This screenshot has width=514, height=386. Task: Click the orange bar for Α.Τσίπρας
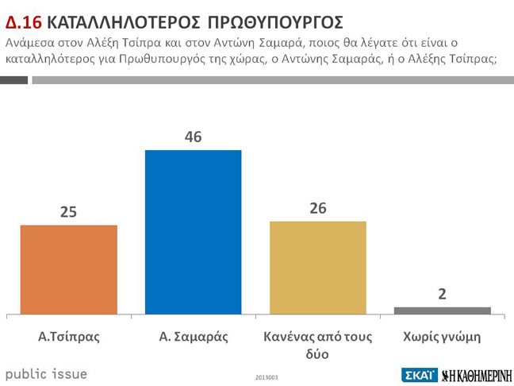[68, 268]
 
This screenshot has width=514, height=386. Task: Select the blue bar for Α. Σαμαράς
[193, 231]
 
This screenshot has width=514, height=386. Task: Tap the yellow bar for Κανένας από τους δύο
[318, 267]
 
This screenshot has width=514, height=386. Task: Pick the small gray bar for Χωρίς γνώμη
[442, 310]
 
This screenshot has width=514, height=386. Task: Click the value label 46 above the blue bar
[193, 137]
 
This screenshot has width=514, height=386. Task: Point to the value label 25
[68, 212]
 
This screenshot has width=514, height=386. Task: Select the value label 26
[318, 208]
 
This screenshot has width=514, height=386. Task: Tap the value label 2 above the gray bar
[442, 293]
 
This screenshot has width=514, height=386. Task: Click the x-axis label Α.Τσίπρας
[68, 336]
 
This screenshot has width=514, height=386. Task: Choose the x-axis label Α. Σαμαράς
[193, 336]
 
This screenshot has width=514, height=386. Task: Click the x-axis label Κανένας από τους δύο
[318, 344]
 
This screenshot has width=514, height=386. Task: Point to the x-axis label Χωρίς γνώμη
[442, 336]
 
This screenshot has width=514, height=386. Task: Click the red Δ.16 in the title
[23, 21]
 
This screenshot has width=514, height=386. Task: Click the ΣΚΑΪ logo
[418, 374]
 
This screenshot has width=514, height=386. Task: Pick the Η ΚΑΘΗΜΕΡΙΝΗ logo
[476, 374]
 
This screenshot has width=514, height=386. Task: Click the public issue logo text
[46, 373]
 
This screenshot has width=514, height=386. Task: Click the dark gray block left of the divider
[14, 80]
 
